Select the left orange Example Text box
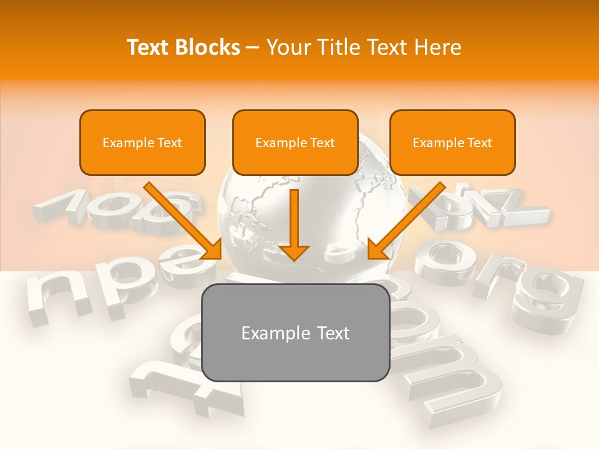pos(142,142)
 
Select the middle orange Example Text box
pos(295,142)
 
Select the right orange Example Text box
pos(452,142)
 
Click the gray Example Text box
pos(295,332)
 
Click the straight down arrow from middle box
pos(295,218)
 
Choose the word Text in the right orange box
pos(479,142)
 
